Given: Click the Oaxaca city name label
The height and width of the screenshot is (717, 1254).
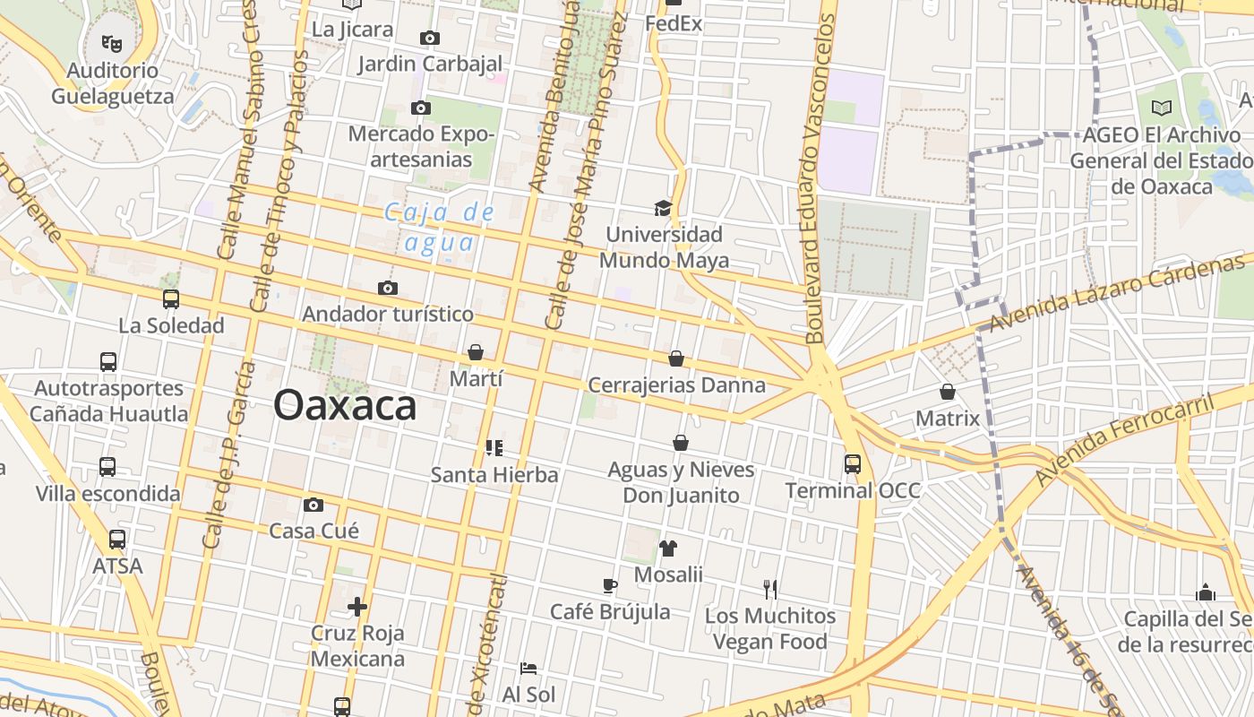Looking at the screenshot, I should [x=345, y=405].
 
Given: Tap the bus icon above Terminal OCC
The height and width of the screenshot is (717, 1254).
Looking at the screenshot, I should [x=852, y=464].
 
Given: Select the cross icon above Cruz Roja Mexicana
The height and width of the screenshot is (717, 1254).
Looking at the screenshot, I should [x=357, y=608].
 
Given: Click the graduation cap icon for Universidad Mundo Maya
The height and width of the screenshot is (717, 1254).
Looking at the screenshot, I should [x=663, y=209].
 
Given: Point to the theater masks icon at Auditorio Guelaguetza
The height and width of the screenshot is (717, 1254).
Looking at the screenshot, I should [x=112, y=42].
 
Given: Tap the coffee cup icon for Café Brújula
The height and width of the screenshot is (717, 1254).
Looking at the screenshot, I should [x=610, y=586].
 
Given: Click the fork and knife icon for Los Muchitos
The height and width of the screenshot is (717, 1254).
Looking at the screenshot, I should [x=769, y=589].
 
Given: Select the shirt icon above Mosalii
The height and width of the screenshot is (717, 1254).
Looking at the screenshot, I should [x=668, y=549].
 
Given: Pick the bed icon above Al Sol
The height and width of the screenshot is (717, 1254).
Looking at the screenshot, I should [x=528, y=669].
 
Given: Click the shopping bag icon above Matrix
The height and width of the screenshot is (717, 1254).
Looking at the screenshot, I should [x=948, y=393].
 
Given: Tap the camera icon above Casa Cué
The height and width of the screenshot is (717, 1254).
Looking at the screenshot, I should [x=313, y=505].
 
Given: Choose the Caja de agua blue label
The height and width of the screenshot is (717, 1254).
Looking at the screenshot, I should [x=440, y=227].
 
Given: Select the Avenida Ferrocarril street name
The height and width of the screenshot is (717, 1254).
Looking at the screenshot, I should [x=1125, y=439].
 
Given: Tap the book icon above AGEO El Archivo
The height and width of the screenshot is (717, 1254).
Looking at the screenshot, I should [x=1161, y=108].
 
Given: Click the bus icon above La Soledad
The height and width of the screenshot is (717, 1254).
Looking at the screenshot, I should [x=171, y=299].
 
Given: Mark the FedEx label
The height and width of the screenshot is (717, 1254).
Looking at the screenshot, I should [x=674, y=24].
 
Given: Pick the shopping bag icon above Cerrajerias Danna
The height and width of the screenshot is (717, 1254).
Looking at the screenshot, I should [x=676, y=358].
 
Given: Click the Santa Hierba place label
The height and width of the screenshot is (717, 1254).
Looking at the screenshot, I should [x=494, y=474].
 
